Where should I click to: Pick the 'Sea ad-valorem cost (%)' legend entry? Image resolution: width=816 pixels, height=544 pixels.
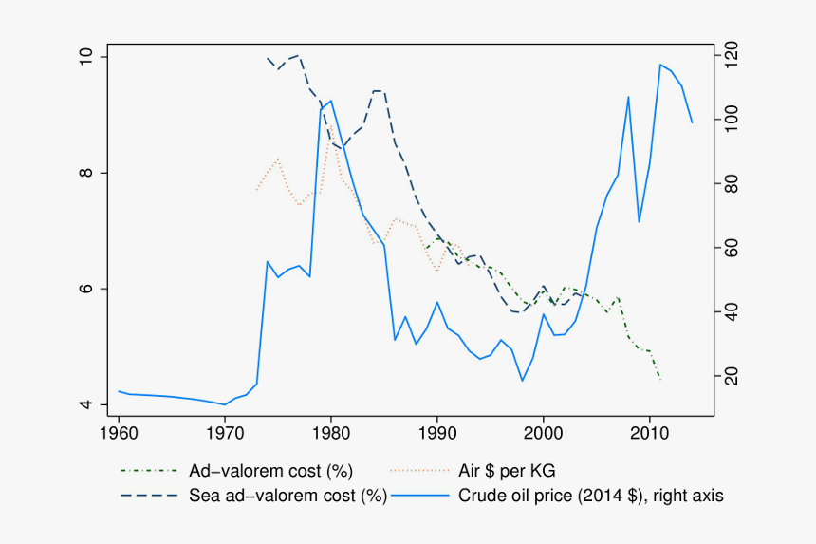coord(287,495)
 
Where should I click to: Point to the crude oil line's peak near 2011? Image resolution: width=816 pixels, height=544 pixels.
coord(660,65)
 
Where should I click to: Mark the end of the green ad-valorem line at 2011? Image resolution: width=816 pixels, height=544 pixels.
coord(660,379)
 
